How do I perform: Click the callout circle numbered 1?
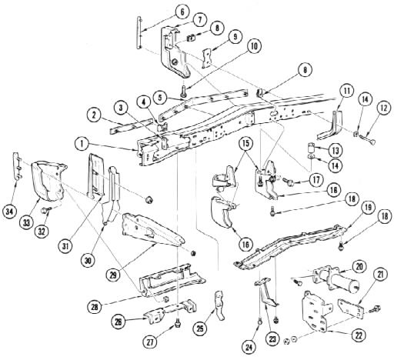82,144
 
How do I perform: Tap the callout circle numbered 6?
182,12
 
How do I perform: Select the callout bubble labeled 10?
254,46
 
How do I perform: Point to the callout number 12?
384,108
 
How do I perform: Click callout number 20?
359,267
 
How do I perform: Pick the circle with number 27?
150,342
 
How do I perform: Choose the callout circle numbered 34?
9,212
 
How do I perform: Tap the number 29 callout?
113,275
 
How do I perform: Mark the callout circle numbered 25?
200,328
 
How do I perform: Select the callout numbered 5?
160,98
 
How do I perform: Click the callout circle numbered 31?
65,246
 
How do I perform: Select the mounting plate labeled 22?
316,312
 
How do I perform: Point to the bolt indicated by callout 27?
177,322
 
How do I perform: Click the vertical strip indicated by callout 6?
139,33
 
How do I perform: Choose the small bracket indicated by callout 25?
219,305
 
